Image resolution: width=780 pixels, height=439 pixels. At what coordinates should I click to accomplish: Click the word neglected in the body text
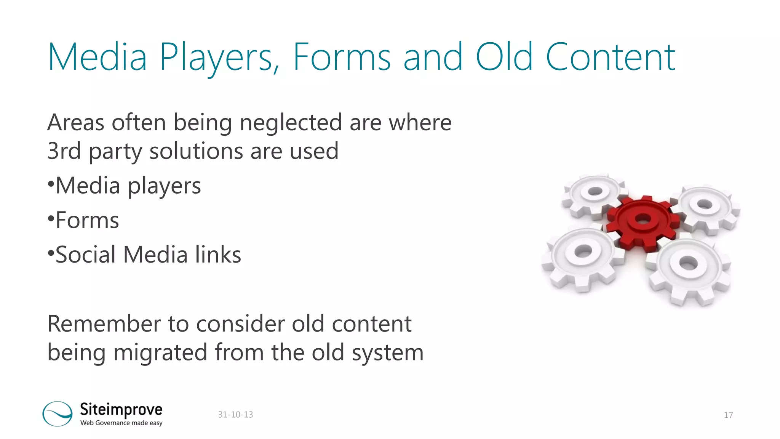pos(291,123)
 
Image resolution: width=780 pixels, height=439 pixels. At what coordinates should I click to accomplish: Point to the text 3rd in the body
pos(64,151)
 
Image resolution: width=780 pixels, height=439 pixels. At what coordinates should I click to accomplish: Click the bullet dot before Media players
pos(51,185)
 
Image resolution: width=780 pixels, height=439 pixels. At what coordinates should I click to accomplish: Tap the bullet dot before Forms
pos(51,219)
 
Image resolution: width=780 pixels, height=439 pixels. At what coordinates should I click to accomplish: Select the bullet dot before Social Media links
pos(51,253)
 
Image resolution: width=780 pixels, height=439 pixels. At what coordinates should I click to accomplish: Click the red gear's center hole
pos(643,219)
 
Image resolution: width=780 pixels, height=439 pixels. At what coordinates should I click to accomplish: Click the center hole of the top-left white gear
pos(595,191)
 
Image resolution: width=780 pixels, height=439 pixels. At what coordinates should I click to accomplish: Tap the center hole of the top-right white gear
pos(704,204)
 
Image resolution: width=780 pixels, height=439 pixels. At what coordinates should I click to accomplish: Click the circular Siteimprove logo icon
pos(58,413)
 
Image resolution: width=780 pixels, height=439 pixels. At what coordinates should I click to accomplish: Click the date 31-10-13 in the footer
pos(235,415)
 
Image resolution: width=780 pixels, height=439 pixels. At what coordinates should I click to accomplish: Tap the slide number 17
pos(728,415)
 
